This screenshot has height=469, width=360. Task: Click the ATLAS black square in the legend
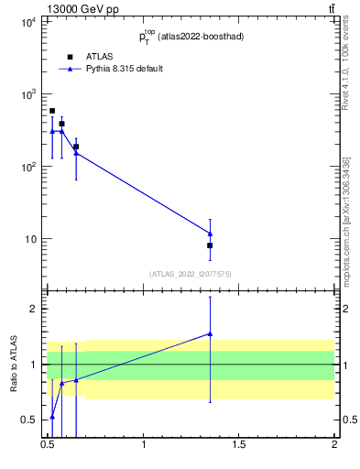(x=70, y=57)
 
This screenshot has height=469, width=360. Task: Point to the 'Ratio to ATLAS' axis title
(x=14, y=364)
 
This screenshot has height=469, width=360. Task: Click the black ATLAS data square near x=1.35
(x=210, y=245)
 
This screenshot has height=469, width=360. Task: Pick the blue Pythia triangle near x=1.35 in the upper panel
(x=210, y=234)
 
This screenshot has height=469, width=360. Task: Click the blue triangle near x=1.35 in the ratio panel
(x=210, y=334)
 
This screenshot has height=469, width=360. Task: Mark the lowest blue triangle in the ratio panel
(x=52, y=417)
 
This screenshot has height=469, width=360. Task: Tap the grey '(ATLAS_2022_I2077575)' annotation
(x=191, y=274)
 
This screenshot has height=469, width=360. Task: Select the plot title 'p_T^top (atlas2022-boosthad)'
(x=191, y=37)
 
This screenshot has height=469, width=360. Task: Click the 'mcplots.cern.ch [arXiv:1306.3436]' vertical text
(x=346, y=220)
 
